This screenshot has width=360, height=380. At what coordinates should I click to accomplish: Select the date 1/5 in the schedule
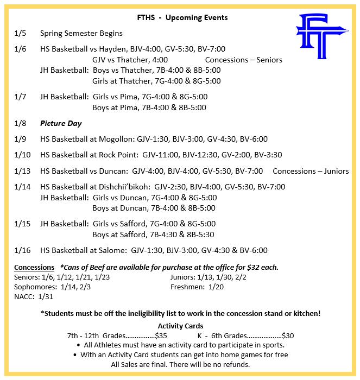coord(19,34)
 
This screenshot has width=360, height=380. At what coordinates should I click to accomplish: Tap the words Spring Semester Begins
coord(81,34)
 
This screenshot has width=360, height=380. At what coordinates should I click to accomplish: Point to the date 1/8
coord(19,123)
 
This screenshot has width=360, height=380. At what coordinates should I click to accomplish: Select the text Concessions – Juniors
coord(311,171)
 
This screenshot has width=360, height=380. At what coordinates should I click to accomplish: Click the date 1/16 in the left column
coord(21,250)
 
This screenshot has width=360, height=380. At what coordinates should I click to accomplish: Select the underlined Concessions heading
coord(34,267)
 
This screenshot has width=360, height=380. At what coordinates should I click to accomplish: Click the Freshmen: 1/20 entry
coord(196,287)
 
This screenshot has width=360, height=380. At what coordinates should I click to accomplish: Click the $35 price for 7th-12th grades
coord(161,335)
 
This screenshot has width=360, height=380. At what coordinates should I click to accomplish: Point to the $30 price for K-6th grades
coord(287,335)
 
